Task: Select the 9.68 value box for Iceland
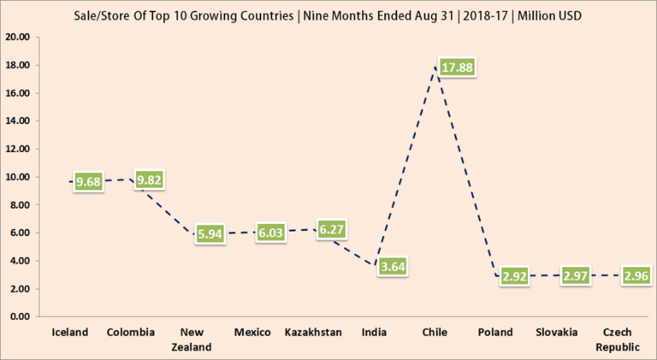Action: coord(89,182)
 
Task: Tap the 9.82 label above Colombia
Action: coord(145,180)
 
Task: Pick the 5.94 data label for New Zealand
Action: coord(210,233)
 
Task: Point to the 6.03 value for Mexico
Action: coord(271,232)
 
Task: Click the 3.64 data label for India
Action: coord(393,265)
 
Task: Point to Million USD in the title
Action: coord(537,16)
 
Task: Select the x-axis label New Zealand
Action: coord(192,339)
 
